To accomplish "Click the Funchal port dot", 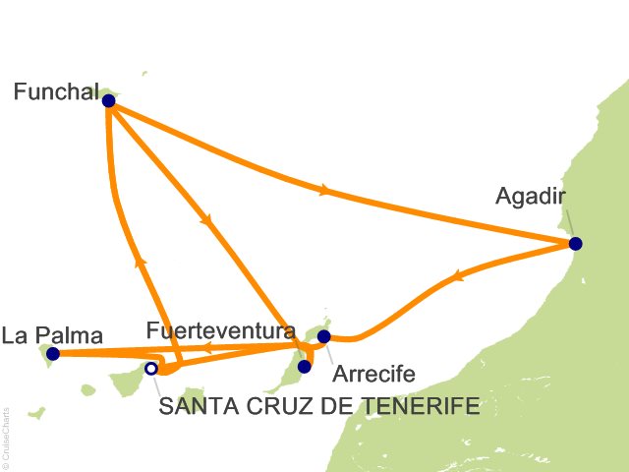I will point(108,100).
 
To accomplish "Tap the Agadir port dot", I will point(575,244).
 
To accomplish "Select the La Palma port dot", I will point(53,354).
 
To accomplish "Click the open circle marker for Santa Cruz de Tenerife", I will point(150,369).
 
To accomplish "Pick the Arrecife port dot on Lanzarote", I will point(324,336).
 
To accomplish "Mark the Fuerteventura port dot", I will point(304,367).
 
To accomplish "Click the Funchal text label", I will point(55,91).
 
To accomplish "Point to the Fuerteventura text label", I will point(220,330).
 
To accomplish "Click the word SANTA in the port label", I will point(193,406).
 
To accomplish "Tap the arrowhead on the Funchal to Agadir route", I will point(325,190).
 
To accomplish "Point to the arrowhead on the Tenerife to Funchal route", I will point(140,262).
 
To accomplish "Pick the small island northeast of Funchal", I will point(144,73).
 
